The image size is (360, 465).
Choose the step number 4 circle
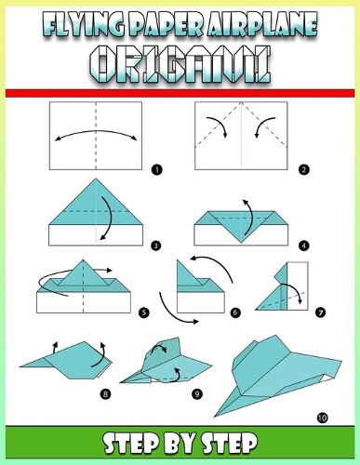[x=305, y=246]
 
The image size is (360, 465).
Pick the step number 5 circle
[x=143, y=313]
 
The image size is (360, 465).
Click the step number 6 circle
[x=236, y=313]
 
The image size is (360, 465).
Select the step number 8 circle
[x=104, y=394]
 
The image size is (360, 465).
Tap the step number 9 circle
[x=197, y=394]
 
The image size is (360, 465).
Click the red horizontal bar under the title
[x=180, y=92]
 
